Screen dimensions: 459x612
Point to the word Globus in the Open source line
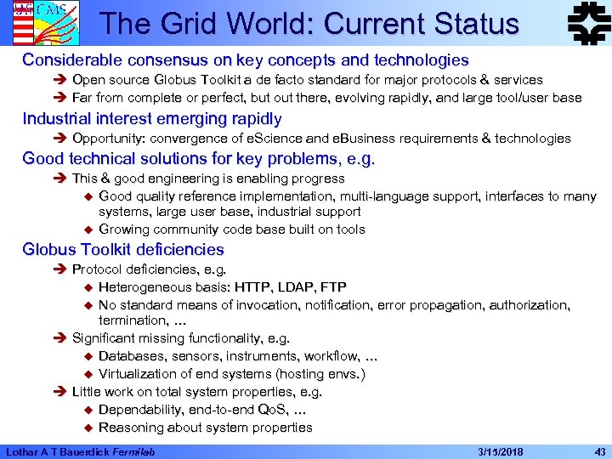178,80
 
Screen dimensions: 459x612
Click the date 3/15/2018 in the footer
501,450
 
